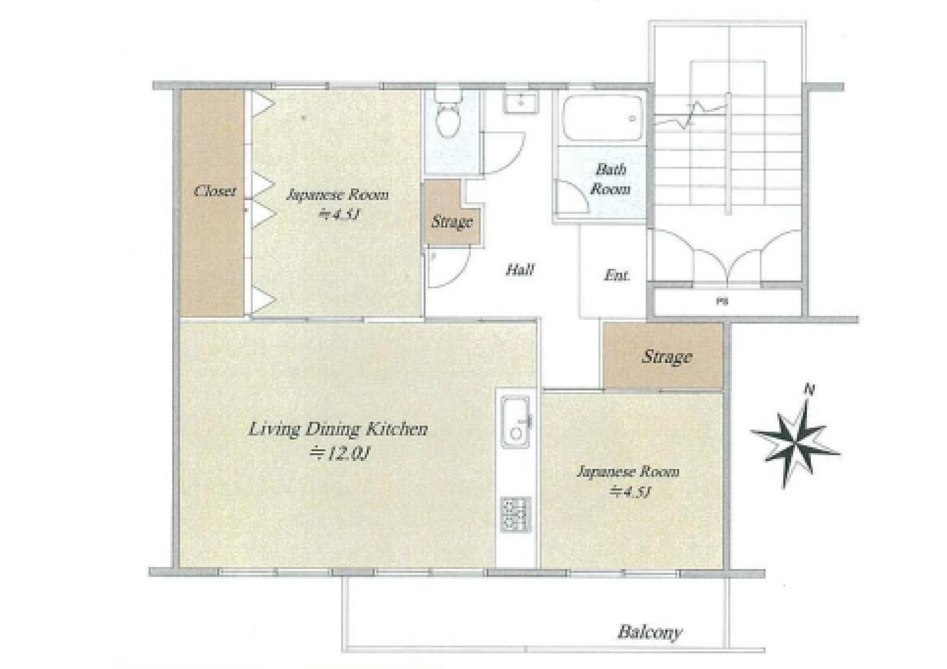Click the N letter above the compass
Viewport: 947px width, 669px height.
(810, 389)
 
